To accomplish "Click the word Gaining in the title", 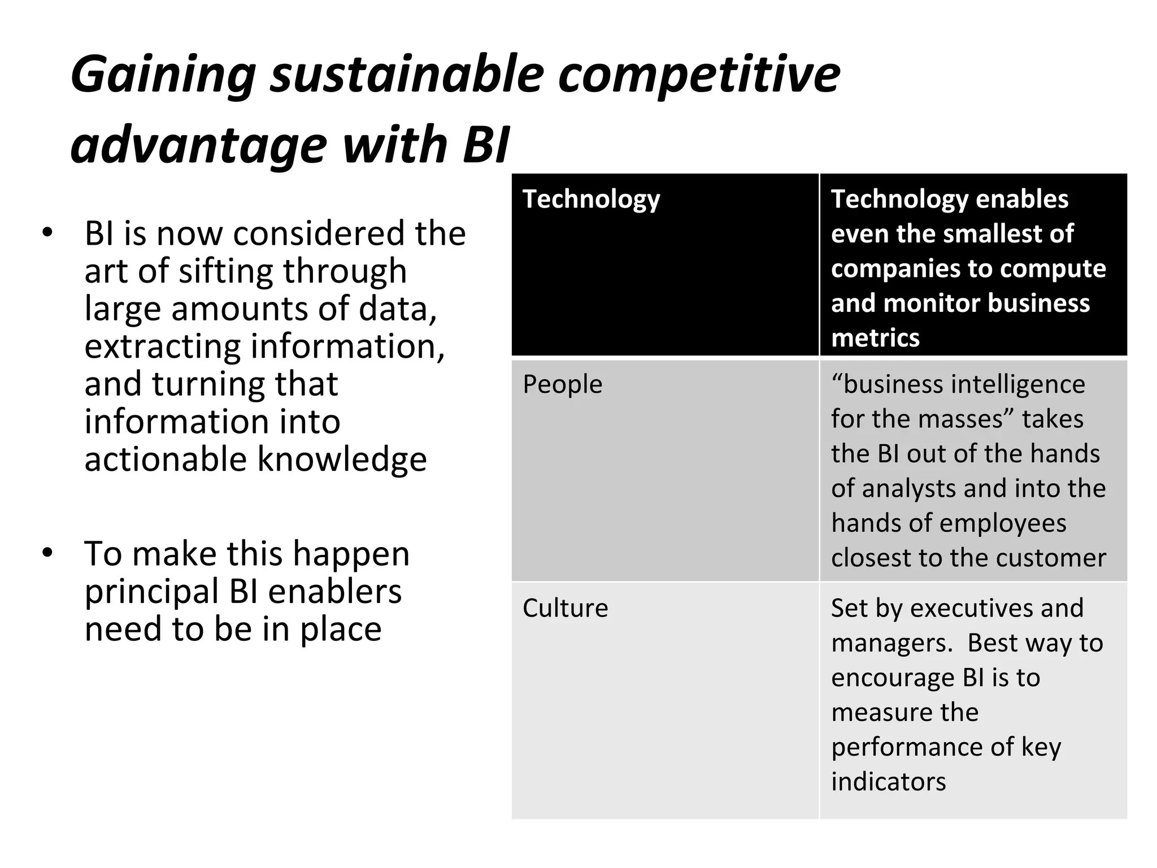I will (163, 75).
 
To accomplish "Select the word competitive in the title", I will (699, 75).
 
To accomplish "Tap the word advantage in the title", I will (198, 145).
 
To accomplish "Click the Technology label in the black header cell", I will (591, 199).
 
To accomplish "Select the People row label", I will (562, 384).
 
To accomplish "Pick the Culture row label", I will (565, 608).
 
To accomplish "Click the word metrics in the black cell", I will (875, 338).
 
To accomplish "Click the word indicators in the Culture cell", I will (888, 782).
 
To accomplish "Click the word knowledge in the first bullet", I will (342, 458).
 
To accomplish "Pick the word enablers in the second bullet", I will (334, 592).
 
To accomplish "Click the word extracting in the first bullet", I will (163, 346).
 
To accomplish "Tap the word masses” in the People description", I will (968, 419).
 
